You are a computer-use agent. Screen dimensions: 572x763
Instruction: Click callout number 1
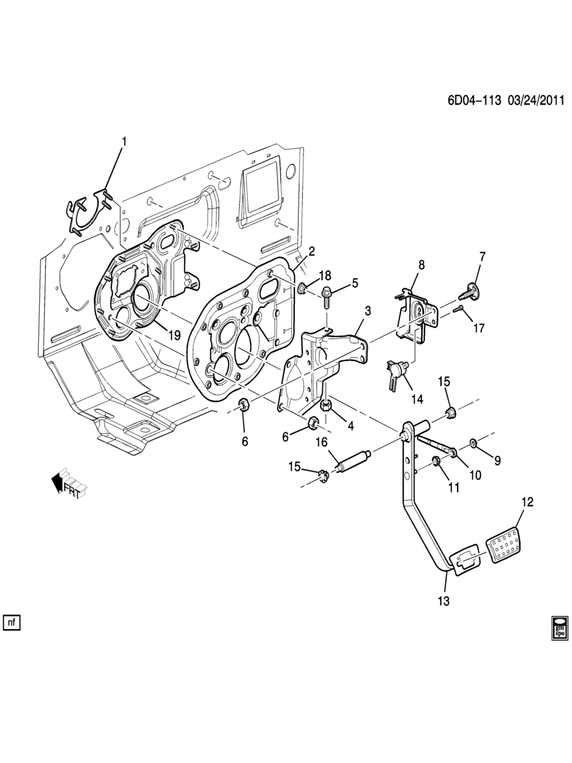click(124, 142)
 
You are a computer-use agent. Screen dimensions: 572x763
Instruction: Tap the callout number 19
click(174, 335)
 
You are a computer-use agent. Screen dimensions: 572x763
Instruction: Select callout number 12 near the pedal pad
click(527, 502)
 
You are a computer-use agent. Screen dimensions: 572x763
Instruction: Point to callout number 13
click(444, 601)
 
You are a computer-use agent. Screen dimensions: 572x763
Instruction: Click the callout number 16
click(321, 442)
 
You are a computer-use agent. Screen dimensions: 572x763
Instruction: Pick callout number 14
click(417, 400)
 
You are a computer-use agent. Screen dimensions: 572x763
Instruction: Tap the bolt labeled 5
click(328, 296)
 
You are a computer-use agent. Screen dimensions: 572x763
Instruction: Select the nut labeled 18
click(302, 288)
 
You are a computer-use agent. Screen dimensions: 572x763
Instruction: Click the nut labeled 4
click(326, 406)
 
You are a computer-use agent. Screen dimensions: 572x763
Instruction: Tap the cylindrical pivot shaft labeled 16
click(354, 460)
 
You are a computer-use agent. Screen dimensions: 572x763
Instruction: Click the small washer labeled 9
click(474, 442)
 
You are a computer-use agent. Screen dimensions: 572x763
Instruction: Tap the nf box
click(12, 622)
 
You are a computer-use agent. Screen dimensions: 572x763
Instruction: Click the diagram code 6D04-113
click(474, 101)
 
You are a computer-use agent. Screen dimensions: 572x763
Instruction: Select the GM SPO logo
click(560, 628)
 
